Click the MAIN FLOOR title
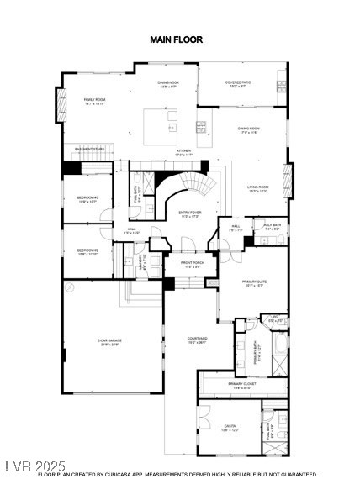pyautogui.click(x=176, y=39)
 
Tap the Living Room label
pyautogui.click(x=257, y=188)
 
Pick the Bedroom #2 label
pyautogui.click(x=88, y=251)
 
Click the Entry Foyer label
pyautogui.click(x=189, y=214)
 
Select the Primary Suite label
pyautogui.click(x=254, y=283)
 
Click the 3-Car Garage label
pyautogui.click(x=109, y=341)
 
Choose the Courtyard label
pyautogui.click(x=197, y=340)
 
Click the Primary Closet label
pyautogui.click(x=241, y=386)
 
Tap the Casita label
pyautogui.click(x=229, y=427)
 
